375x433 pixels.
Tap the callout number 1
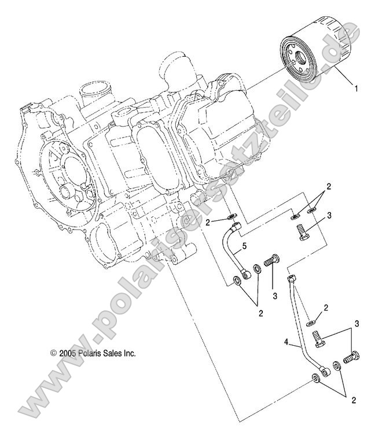356,89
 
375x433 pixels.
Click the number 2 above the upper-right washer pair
328,187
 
